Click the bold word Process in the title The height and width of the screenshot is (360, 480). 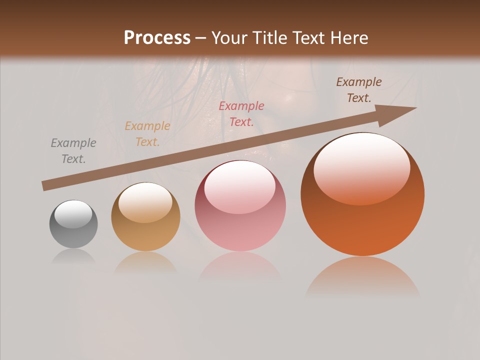coord(157,38)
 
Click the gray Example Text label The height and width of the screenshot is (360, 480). coord(73,151)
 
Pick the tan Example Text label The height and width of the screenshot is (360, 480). coord(147,134)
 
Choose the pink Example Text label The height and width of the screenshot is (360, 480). coord(241,114)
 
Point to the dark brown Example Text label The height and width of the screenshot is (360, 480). coord(359,90)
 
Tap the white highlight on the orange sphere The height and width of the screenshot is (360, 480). coord(361,167)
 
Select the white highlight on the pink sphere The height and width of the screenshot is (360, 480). coord(239,186)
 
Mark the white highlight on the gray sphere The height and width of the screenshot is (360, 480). coord(73,214)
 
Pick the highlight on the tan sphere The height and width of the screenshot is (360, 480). coord(145,201)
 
